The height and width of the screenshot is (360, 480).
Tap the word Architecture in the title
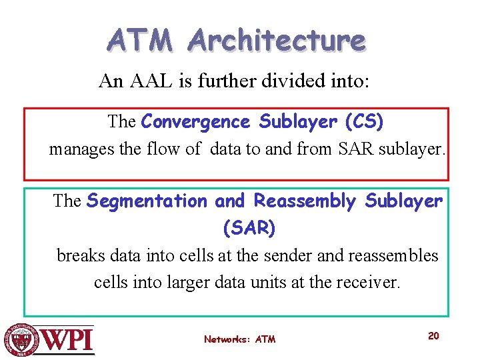tap(277, 40)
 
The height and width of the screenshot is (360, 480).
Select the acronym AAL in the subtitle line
tap(148, 81)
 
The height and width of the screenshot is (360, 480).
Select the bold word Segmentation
tap(147, 201)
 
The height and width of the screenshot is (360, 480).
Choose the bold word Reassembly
tap(305, 201)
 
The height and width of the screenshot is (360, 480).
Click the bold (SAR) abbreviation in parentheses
tap(249, 229)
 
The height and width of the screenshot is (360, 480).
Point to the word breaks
tap(79, 256)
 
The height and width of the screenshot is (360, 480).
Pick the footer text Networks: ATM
tap(239, 339)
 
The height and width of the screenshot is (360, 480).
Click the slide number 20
tap(433, 336)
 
